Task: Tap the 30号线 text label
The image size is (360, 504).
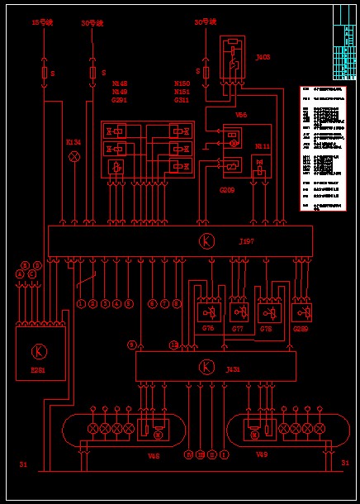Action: tap(204, 22)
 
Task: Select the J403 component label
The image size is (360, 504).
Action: tap(263, 57)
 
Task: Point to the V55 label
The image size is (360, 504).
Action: tap(241, 115)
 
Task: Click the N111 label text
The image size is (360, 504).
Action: tap(262, 145)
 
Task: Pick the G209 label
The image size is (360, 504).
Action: tap(226, 190)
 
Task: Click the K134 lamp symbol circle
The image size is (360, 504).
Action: tap(74, 156)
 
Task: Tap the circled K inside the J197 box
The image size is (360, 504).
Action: tap(205, 240)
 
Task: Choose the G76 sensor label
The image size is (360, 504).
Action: tap(208, 328)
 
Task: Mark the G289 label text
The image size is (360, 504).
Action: tap(301, 328)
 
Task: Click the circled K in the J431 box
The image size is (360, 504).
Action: tap(206, 366)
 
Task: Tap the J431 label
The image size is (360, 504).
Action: tap(233, 369)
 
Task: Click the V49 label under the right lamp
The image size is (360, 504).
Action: tap(262, 454)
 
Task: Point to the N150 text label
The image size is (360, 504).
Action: tap(182, 83)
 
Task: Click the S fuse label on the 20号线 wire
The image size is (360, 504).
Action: tap(102, 74)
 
